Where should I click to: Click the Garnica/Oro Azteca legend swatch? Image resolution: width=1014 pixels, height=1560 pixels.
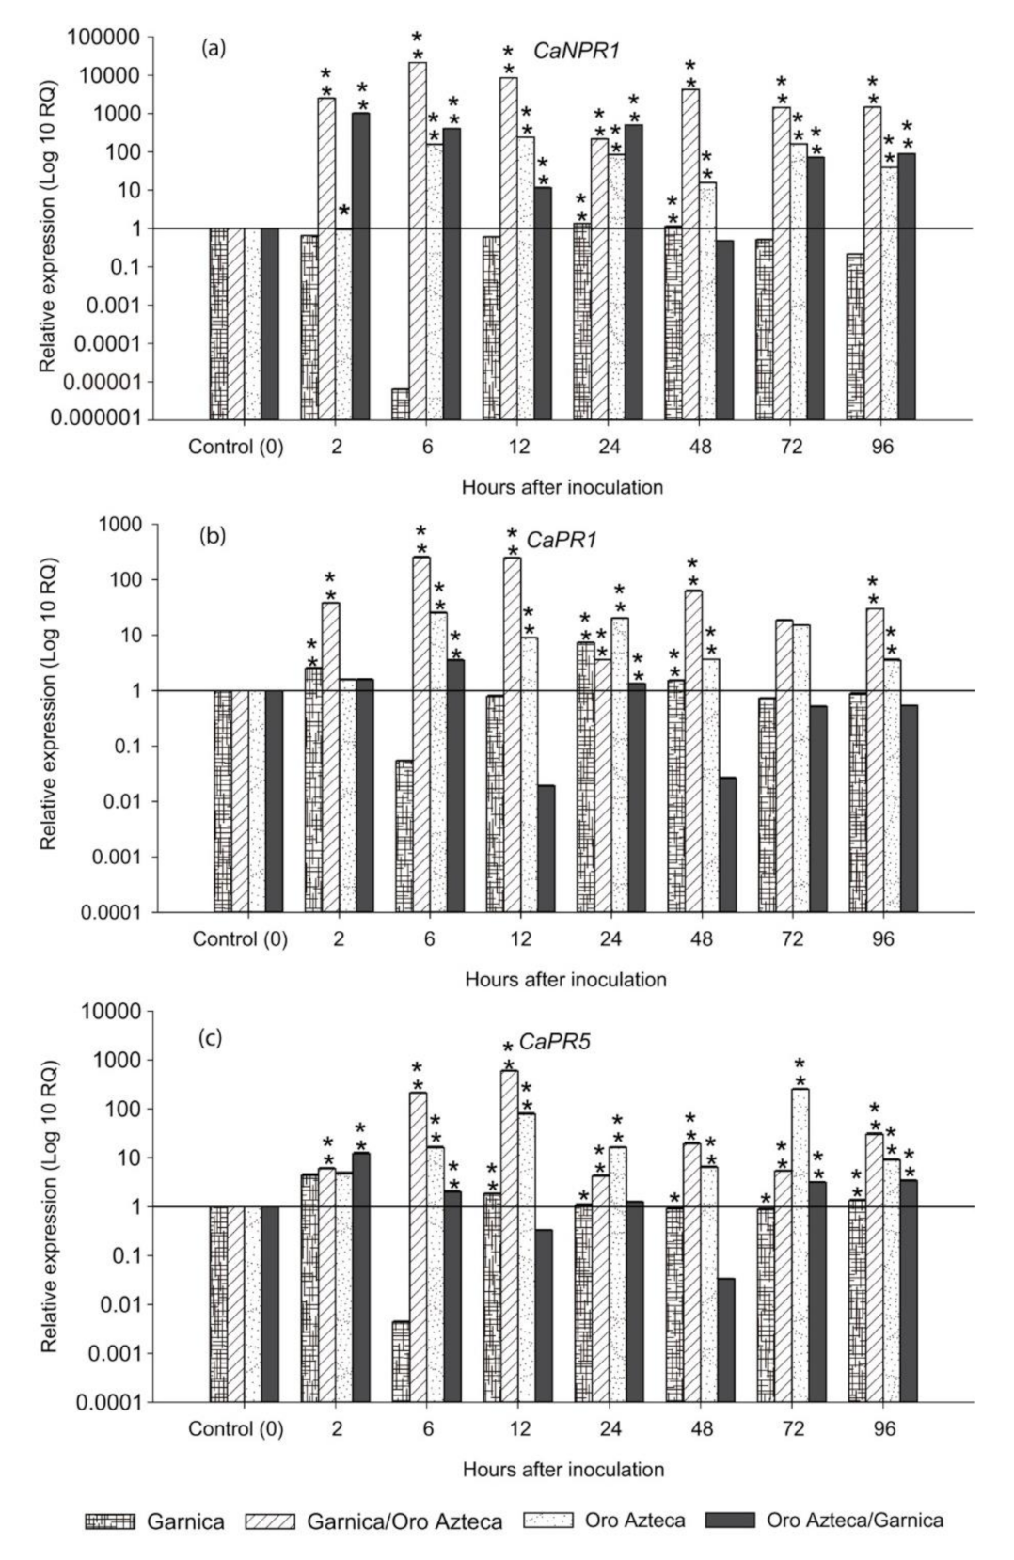click(x=270, y=1521)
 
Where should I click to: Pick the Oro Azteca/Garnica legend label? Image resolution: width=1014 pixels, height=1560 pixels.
click(x=854, y=1521)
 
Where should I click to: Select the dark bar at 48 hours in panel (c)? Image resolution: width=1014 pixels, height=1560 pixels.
click(x=725, y=1339)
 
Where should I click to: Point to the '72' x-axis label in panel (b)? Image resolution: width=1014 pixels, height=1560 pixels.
click(x=792, y=938)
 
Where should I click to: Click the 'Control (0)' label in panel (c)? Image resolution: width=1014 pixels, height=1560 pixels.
click(x=236, y=1429)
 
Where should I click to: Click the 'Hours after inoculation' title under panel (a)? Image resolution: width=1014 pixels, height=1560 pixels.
click(x=562, y=487)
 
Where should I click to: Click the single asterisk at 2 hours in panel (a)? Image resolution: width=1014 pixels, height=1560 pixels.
click(x=344, y=211)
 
